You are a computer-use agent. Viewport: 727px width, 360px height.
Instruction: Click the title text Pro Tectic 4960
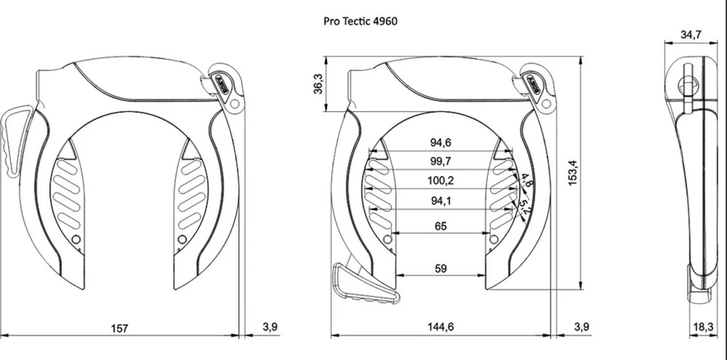click(360, 22)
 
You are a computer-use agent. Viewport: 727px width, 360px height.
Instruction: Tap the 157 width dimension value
click(119, 328)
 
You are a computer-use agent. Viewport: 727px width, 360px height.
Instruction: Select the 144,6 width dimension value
click(441, 327)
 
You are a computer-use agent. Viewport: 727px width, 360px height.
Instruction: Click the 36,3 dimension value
click(318, 83)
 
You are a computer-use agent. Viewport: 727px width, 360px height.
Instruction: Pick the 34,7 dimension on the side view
click(691, 35)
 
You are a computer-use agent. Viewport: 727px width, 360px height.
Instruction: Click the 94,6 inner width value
click(441, 143)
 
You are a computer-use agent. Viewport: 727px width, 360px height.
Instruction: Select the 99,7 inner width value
click(441, 162)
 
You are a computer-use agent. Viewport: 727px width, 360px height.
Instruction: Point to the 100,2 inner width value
click(441, 181)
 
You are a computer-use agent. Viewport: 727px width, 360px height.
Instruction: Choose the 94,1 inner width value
click(441, 200)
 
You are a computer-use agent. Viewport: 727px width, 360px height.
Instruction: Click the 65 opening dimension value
click(441, 226)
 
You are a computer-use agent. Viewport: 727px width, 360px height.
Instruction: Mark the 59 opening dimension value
click(441, 269)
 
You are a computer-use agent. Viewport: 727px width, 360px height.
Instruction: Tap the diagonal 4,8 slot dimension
click(527, 181)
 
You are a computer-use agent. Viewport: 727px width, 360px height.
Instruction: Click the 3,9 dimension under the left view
click(270, 327)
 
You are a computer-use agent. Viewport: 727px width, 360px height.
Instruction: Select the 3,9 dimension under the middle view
click(582, 327)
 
